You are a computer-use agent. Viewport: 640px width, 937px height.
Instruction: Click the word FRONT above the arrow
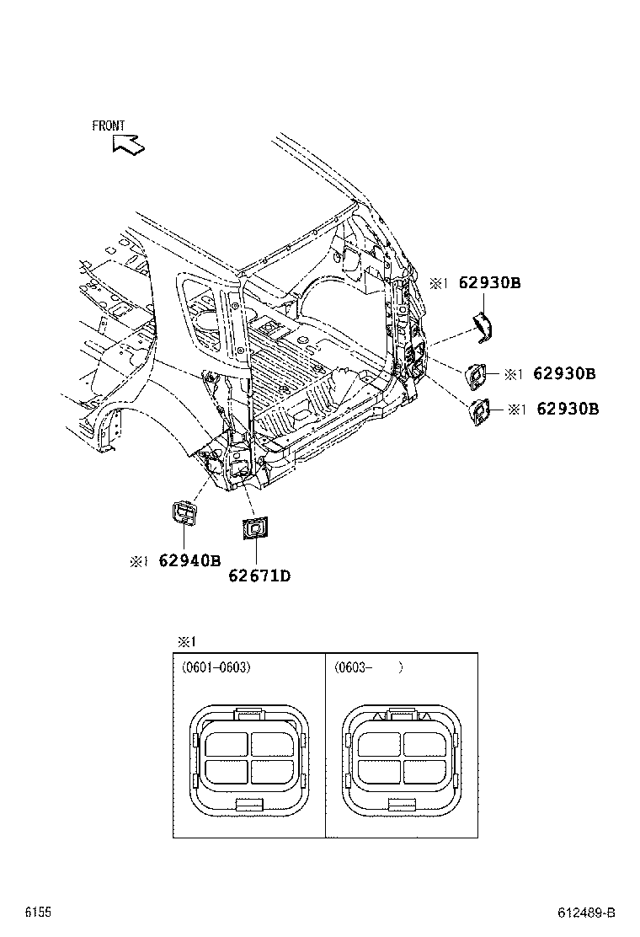(109, 126)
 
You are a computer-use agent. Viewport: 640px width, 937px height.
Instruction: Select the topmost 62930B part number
(489, 283)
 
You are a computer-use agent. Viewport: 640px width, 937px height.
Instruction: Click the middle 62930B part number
(564, 373)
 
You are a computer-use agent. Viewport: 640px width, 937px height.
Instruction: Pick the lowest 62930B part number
(567, 409)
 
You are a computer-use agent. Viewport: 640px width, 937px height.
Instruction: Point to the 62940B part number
(189, 560)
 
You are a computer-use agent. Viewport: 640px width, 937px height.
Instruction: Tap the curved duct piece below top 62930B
(482, 327)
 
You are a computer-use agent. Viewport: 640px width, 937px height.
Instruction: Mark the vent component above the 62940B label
(185, 513)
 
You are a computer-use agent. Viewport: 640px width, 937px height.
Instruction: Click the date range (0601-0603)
(216, 667)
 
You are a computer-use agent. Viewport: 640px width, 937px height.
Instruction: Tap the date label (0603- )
(368, 667)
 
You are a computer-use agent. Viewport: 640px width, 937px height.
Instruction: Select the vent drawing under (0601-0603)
(249, 758)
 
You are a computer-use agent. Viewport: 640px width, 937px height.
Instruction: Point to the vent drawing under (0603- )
(402, 758)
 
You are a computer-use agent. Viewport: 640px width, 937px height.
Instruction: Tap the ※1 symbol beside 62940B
(139, 561)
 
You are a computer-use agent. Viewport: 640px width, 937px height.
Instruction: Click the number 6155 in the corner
(37, 913)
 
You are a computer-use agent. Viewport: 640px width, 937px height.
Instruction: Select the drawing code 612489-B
(587, 913)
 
